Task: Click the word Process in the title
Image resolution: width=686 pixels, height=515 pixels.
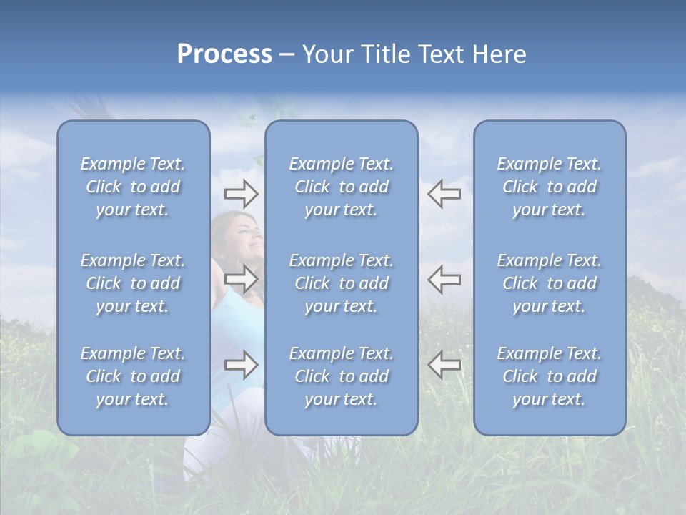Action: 224,54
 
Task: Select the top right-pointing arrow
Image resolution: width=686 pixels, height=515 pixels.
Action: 241,194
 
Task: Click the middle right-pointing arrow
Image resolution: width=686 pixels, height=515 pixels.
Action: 241,279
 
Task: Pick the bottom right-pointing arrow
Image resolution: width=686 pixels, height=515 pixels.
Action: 241,365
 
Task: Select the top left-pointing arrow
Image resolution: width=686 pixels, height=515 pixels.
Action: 444,194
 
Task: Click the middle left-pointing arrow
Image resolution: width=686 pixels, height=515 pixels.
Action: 444,279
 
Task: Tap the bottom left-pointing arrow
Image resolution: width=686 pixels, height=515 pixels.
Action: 444,365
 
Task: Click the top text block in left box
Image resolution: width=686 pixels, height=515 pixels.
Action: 133,187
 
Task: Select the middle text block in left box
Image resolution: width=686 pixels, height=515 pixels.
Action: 133,283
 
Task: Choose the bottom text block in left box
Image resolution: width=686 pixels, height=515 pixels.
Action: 133,376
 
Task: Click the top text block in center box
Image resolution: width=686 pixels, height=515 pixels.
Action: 342,187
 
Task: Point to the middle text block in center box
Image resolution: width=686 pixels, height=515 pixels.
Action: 342,283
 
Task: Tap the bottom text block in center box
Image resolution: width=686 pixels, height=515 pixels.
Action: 342,376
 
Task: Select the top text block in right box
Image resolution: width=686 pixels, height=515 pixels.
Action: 550,187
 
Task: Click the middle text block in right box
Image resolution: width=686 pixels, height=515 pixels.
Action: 550,283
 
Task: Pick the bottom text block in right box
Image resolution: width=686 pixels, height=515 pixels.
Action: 550,376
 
